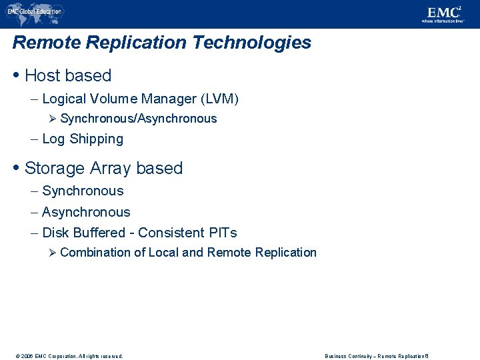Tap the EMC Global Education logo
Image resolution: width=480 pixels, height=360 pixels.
point(34,11)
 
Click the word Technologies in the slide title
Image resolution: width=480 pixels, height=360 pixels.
point(251,43)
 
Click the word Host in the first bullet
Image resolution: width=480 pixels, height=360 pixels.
point(42,76)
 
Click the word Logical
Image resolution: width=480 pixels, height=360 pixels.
point(64,99)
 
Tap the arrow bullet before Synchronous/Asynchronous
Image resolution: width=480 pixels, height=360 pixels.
point(54,119)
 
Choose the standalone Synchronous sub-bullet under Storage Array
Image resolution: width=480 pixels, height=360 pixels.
point(83,191)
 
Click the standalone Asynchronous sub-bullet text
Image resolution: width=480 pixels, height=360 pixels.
point(86,213)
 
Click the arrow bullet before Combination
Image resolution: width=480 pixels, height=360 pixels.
point(54,253)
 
